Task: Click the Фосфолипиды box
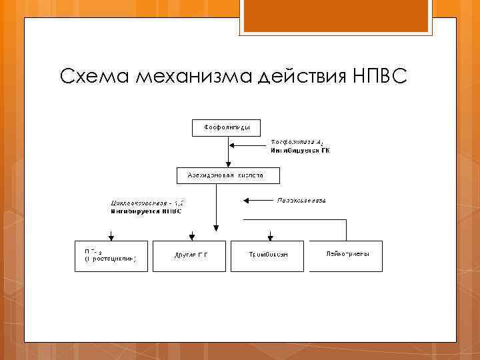point(227,127)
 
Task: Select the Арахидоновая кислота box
point(229,175)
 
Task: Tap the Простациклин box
point(111,256)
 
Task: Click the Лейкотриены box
point(345,256)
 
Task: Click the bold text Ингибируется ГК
point(299,151)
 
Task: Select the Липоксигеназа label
point(301,200)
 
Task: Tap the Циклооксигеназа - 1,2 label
point(145,203)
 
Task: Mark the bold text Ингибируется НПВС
point(146,211)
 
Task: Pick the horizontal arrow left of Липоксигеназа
point(257,200)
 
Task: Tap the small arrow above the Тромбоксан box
point(270,235)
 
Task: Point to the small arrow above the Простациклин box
point(111,235)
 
